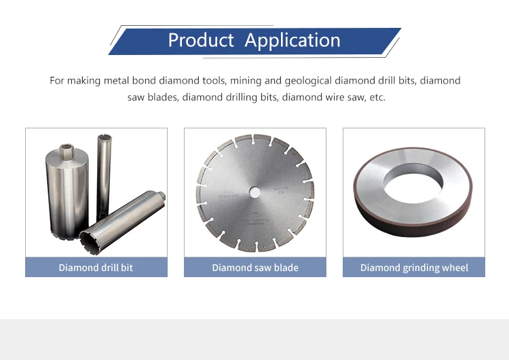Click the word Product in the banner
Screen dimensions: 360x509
202,40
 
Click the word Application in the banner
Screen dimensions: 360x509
293,41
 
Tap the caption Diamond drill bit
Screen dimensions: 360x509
96,268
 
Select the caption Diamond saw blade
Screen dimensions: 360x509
254,268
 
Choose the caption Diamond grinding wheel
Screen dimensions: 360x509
414,268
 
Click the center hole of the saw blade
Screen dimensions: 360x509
254,192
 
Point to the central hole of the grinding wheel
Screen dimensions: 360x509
413,183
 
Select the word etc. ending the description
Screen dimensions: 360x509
376,97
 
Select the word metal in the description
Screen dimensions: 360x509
119,81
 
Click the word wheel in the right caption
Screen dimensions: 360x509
454,268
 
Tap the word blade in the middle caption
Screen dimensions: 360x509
284,268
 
